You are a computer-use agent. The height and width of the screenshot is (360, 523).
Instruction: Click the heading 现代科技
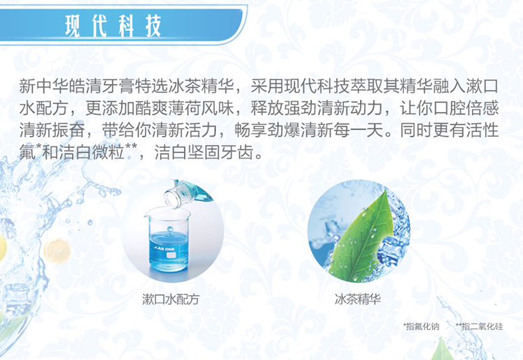(x=113, y=25)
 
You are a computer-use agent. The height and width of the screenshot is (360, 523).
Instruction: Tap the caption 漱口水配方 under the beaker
(x=170, y=299)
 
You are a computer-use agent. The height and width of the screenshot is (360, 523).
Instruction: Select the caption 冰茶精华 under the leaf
(x=358, y=299)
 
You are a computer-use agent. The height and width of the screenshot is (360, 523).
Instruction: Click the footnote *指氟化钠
(x=421, y=327)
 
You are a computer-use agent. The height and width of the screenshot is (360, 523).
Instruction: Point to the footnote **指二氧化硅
(x=479, y=327)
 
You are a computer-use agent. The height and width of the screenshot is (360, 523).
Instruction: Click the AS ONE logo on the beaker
(x=164, y=249)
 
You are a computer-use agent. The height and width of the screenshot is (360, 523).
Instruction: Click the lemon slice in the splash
(x=57, y=251)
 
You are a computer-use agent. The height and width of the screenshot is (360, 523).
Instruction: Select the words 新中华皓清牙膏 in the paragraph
(x=77, y=86)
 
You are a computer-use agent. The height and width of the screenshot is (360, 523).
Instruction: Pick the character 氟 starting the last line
(x=27, y=152)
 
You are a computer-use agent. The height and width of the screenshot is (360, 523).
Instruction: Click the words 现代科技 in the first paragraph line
(x=316, y=86)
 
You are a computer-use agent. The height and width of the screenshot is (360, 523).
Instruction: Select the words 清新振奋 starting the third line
(x=52, y=130)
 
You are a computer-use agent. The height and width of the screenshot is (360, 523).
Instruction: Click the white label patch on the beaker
(x=170, y=255)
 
